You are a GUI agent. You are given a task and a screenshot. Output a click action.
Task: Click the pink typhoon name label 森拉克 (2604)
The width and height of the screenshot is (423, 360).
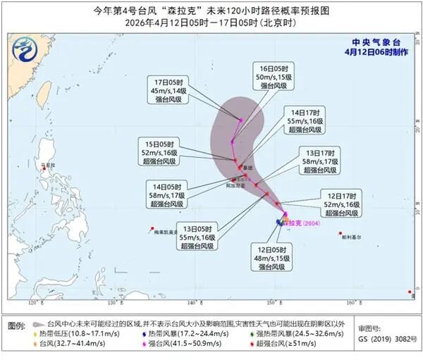click(300, 223)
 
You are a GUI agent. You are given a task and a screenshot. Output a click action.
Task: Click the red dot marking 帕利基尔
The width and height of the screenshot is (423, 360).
click(340, 233)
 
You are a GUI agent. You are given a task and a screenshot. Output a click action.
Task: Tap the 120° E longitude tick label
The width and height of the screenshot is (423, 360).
click(32, 302)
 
